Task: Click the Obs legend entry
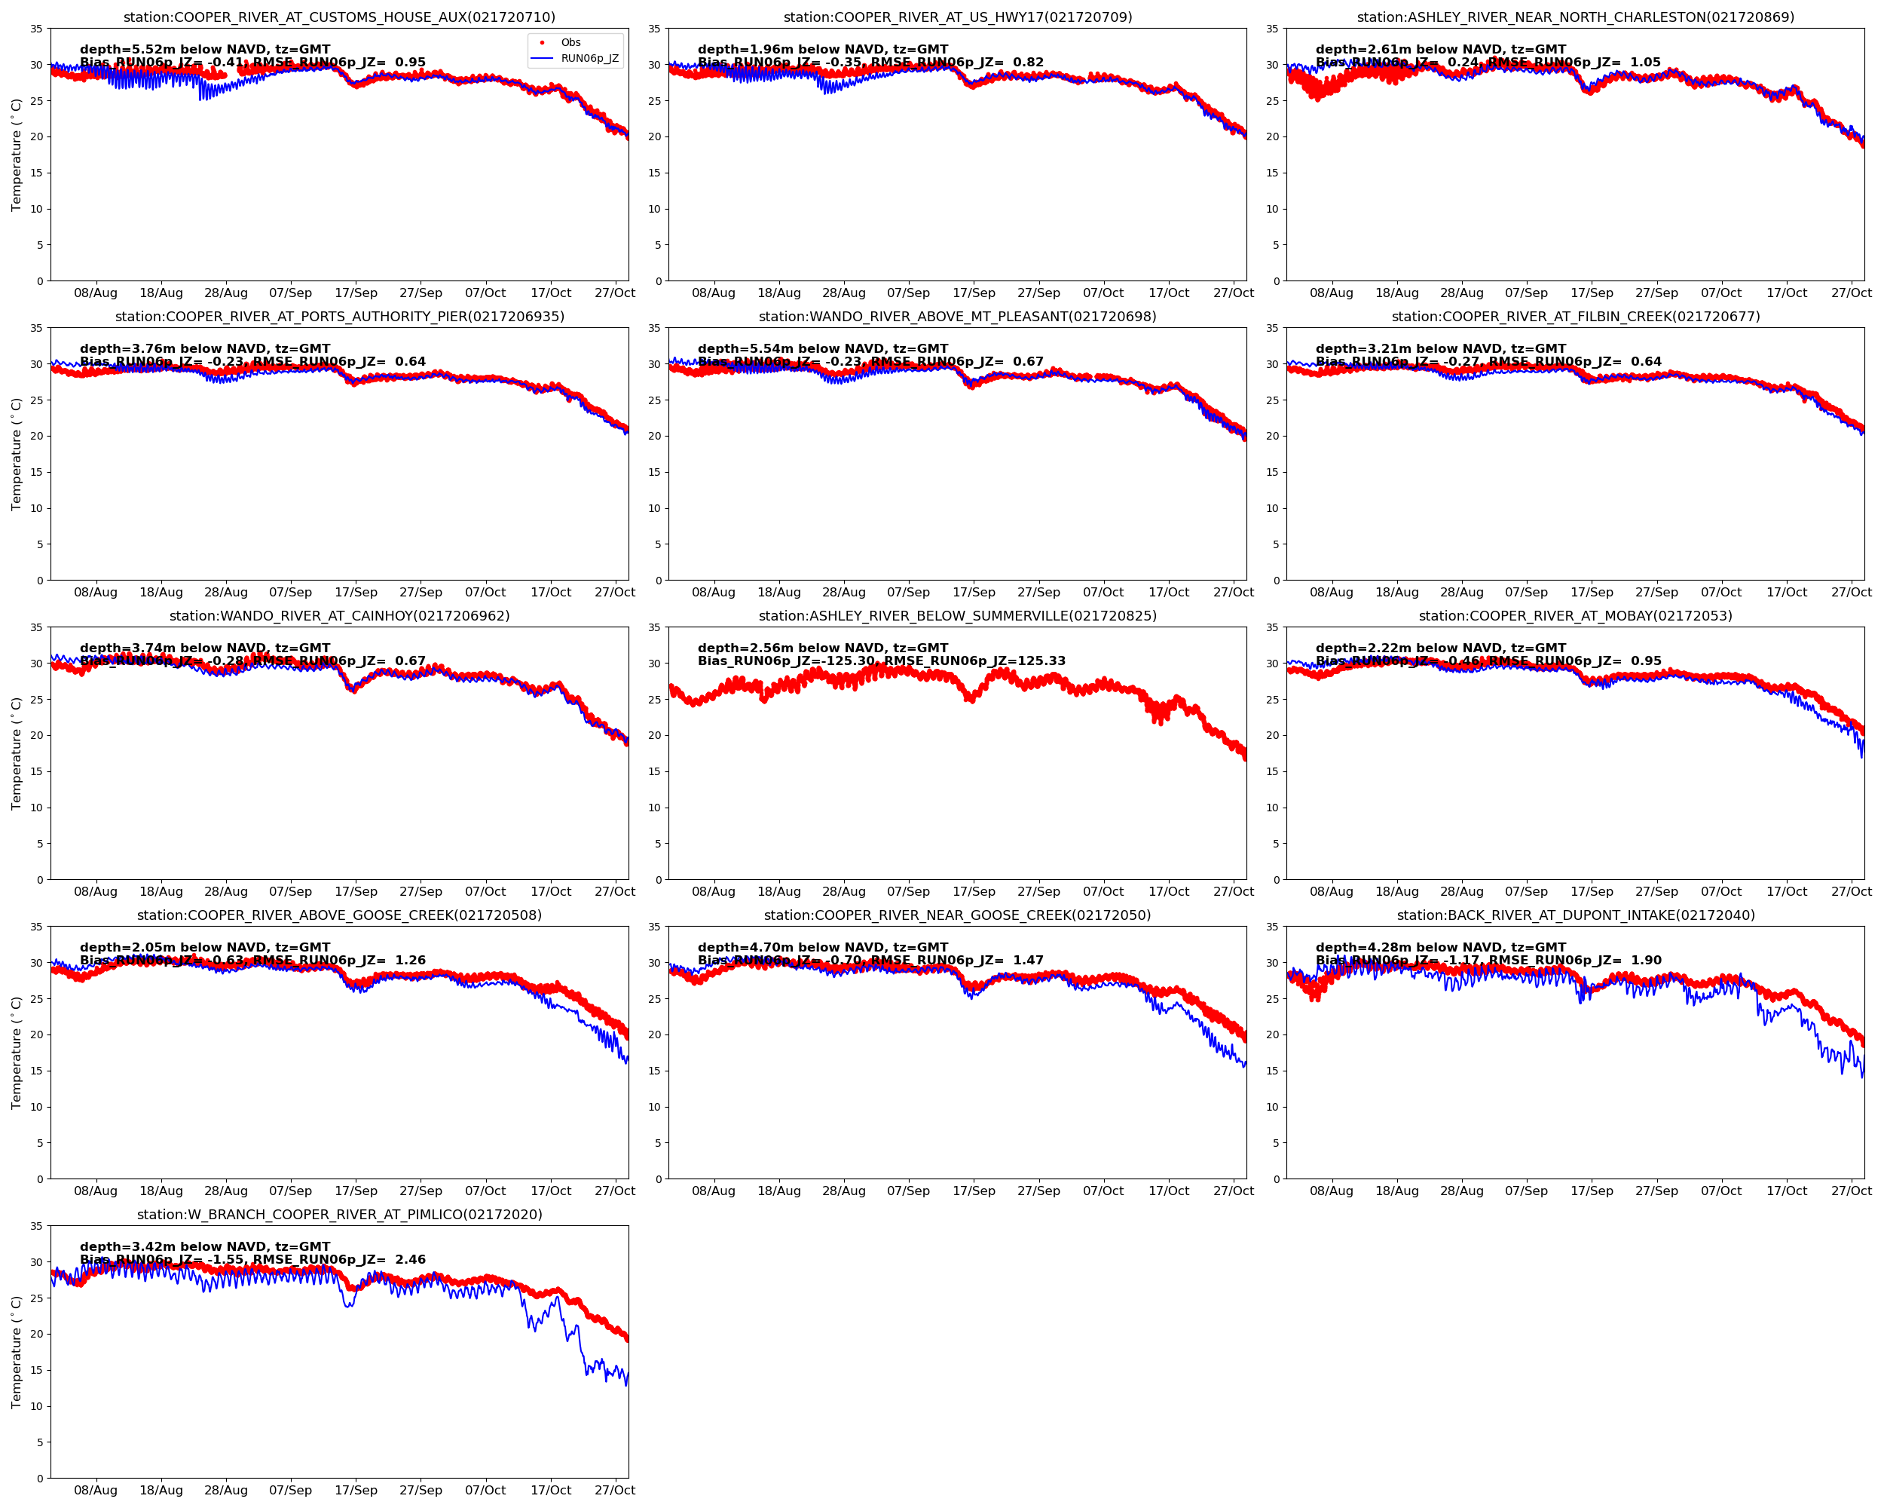pyautogui.click(x=570, y=42)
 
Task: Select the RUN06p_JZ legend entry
pyautogui.click(x=589, y=59)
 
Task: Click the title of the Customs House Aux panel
pyautogui.click(x=339, y=17)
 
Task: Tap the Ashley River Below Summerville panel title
pyautogui.click(x=957, y=616)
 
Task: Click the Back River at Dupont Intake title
pyautogui.click(x=1575, y=915)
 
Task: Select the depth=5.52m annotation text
pyautogui.click(x=205, y=50)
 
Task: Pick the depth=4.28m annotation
pyautogui.click(x=1440, y=948)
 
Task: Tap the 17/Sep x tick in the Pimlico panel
pyautogui.click(x=356, y=1491)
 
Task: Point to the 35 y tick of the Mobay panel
pyautogui.click(x=1272, y=627)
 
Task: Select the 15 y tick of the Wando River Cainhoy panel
pyautogui.click(x=37, y=772)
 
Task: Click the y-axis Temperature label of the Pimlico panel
pyautogui.click(x=16, y=1353)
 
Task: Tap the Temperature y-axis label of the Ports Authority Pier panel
pyautogui.click(x=16, y=455)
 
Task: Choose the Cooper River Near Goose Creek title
pyautogui.click(x=957, y=915)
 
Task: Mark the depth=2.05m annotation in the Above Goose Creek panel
pyautogui.click(x=205, y=948)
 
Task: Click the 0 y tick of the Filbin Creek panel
pyautogui.click(x=1276, y=581)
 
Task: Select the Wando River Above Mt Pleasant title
pyautogui.click(x=957, y=317)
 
